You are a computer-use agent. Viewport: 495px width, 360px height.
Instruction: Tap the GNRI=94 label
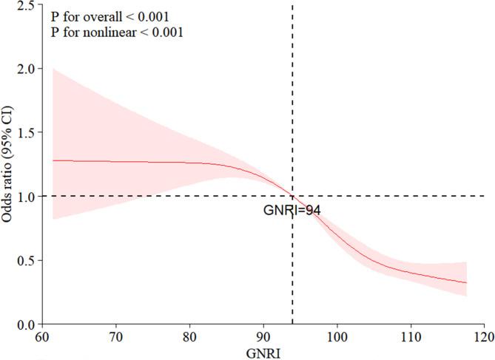(291, 211)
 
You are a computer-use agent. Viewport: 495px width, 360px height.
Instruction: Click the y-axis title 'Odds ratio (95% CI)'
(10, 162)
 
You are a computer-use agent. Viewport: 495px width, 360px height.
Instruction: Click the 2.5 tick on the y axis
(26, 5)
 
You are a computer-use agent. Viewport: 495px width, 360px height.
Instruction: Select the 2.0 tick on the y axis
(26, 69)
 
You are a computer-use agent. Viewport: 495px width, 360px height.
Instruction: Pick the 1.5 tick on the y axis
(26, 132)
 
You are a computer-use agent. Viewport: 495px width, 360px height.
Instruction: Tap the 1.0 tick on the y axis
(26, 196)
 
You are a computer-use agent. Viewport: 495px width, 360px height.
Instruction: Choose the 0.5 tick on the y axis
(26, 260)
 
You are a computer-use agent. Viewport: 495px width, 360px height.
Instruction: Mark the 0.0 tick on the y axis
(26, 324)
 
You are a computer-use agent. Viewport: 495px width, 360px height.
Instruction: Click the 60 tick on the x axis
(43, 336)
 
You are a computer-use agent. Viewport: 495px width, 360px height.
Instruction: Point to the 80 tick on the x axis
(190, 336)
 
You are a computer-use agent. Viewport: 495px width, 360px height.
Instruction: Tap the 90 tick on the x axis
(263, 336)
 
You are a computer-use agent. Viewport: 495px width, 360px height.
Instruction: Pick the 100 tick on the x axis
(337, 336)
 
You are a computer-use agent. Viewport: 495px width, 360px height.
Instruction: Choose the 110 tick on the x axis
(411, 336)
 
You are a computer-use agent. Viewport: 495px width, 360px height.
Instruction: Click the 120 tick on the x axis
(484, 336)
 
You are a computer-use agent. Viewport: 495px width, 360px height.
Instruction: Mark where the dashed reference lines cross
(293, 196)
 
